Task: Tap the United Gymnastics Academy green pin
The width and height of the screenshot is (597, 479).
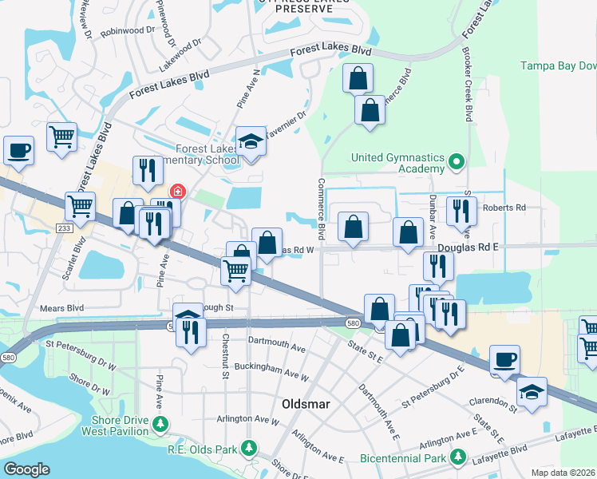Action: pyautogui.click(x=456, y=163)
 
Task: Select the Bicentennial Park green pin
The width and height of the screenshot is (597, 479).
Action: pyautogui.click(x=458, y=457)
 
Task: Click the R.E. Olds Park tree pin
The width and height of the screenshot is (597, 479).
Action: pyautogui.click(x=250, y=446)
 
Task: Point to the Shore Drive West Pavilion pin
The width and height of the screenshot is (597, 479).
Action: pyautogui.click(x=162, y=422)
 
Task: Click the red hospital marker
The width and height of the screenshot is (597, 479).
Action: pyautogui.click(x=176, y=192)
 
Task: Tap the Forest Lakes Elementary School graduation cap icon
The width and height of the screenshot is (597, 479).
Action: pyautogui.click(x=251, y=142)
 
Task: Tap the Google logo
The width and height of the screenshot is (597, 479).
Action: pyautogui.click(x=26, y=469)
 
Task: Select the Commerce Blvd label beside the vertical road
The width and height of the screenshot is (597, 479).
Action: pyautogui.click(x=322, y=210)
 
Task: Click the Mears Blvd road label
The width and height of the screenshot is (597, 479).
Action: pyautogui.click(x=61, y=306)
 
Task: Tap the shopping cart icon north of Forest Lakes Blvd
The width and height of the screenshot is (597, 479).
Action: pyautogui.click(x=61, y=138)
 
